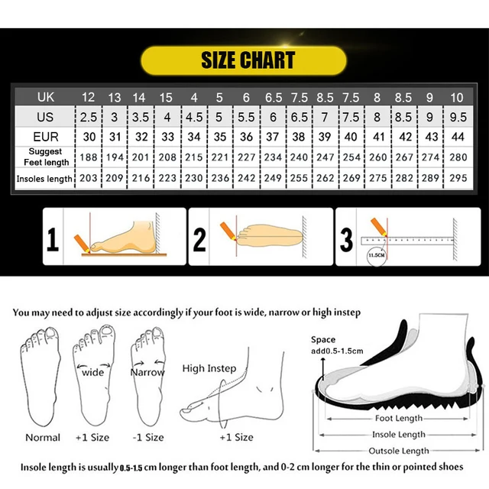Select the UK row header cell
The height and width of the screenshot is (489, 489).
point(45,97)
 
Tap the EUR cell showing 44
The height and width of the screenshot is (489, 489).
point(458,137)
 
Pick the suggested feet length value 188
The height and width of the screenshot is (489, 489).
point(88,157)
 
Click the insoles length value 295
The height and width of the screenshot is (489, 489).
point(458,178)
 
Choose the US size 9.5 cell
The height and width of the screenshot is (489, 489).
point(458,117)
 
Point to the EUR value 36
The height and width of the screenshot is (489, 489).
point(246,137)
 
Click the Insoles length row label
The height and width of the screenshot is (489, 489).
point(45,178)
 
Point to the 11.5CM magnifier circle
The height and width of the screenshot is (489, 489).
point(375,255)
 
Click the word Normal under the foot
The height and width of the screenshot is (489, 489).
point(43,437)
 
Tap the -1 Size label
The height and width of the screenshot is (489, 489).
point(148,437)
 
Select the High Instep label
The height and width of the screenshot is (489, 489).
point(209,368)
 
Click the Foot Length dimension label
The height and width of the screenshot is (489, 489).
point(399,418)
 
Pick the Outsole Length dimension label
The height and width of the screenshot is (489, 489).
point(400,451)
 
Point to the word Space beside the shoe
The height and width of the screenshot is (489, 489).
point(322,339)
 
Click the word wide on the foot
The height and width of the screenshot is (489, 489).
point(92,372)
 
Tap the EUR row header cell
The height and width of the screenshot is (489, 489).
point(45,137)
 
